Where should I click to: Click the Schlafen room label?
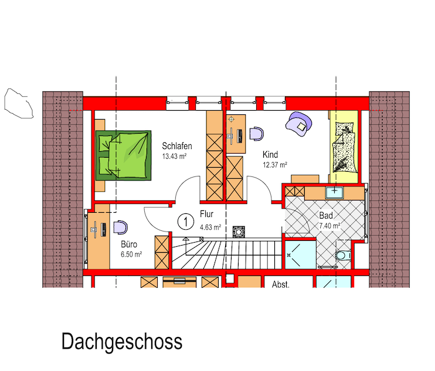177,146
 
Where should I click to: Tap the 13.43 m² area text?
174,156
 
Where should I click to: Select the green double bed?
124,155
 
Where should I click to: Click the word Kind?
270,155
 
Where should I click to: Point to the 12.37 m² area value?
275,165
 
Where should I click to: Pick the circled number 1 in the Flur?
186,222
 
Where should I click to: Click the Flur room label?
207,214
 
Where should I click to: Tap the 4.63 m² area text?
210,227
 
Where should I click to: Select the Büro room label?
129,244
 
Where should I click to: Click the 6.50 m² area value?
131,254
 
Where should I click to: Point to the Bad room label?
326,216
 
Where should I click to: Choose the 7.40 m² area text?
329,226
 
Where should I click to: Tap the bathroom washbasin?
335,193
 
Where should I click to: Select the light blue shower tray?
301,254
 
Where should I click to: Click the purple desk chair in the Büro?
121,227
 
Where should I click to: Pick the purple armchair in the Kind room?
299,124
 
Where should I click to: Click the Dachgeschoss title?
122,342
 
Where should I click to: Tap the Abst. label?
281,284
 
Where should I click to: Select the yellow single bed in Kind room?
344,147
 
